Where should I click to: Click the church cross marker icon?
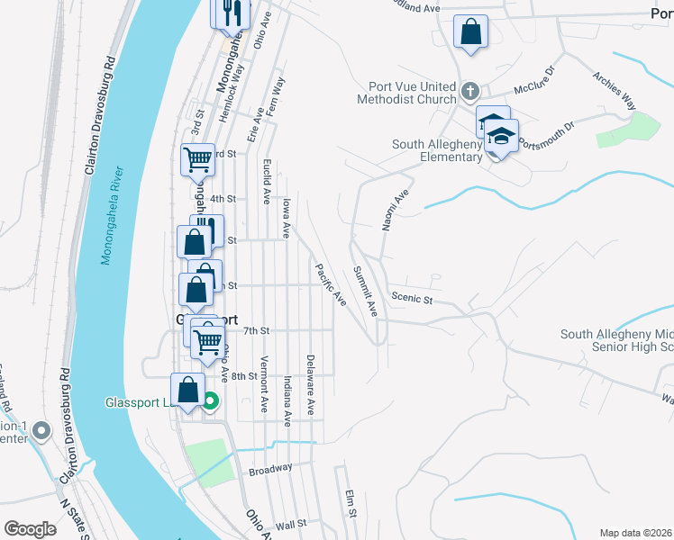coord(469,91)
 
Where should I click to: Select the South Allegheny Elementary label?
coord(437,150)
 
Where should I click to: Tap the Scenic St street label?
coord(413,297)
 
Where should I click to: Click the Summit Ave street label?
coord(366,290)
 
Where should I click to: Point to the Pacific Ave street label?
coord(330,283)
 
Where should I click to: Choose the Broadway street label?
coord(270,470)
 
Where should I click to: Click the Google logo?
coord(31,528)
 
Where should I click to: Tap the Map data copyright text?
coord(635,533)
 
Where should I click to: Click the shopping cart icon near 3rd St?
coord(197,159)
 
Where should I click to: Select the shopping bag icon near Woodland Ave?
coord(470,32)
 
